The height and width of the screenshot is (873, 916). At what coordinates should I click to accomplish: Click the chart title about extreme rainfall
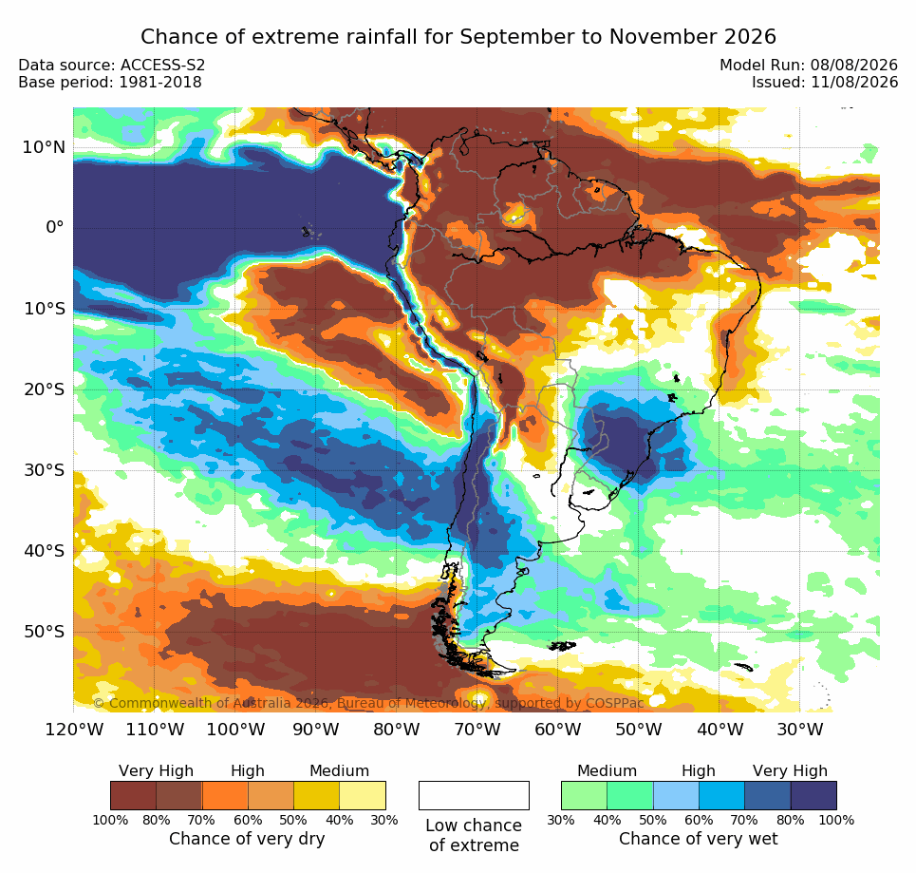tap(458, 36)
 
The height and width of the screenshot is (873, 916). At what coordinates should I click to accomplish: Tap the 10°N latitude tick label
tap(44, 147)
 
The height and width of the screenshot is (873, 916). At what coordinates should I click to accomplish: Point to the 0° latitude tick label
tap(55, 227)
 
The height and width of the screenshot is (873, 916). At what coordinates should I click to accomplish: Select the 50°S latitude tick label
tap(44, 632)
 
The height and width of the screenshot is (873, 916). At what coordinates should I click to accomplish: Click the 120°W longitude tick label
tap(74, 730)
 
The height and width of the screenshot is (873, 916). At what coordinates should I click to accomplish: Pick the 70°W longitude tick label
tap(477, 730)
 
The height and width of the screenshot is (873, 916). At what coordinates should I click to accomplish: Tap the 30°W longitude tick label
tap(800, 730)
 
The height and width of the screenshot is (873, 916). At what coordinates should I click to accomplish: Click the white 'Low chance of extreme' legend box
tap(474, 795)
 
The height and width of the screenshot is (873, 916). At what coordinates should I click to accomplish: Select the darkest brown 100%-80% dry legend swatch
tap(133, 795)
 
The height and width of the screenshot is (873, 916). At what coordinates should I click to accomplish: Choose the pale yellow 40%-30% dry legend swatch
tap(363, 795)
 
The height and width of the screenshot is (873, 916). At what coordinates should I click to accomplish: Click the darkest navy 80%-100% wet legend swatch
tap(813, 795)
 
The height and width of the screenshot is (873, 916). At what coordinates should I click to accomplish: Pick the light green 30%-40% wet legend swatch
tap(584, 795)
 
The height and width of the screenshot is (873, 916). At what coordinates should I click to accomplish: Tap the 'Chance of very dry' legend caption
tap(247, 839)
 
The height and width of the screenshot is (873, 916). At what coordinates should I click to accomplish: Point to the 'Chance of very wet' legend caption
tap(698, 839)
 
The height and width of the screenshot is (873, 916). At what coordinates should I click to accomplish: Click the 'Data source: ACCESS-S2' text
tap(112, 65)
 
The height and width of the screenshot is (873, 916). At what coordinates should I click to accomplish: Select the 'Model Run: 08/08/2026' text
tap(809, 65)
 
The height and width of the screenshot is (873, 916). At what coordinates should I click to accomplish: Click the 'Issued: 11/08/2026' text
tap(825, 82)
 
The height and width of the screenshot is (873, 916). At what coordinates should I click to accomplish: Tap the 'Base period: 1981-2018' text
tap(110, 82)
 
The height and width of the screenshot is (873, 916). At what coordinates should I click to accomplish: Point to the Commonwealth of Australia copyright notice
tap(368, 703)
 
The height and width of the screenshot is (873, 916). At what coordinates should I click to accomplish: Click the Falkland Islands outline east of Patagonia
tap(562, 646)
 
